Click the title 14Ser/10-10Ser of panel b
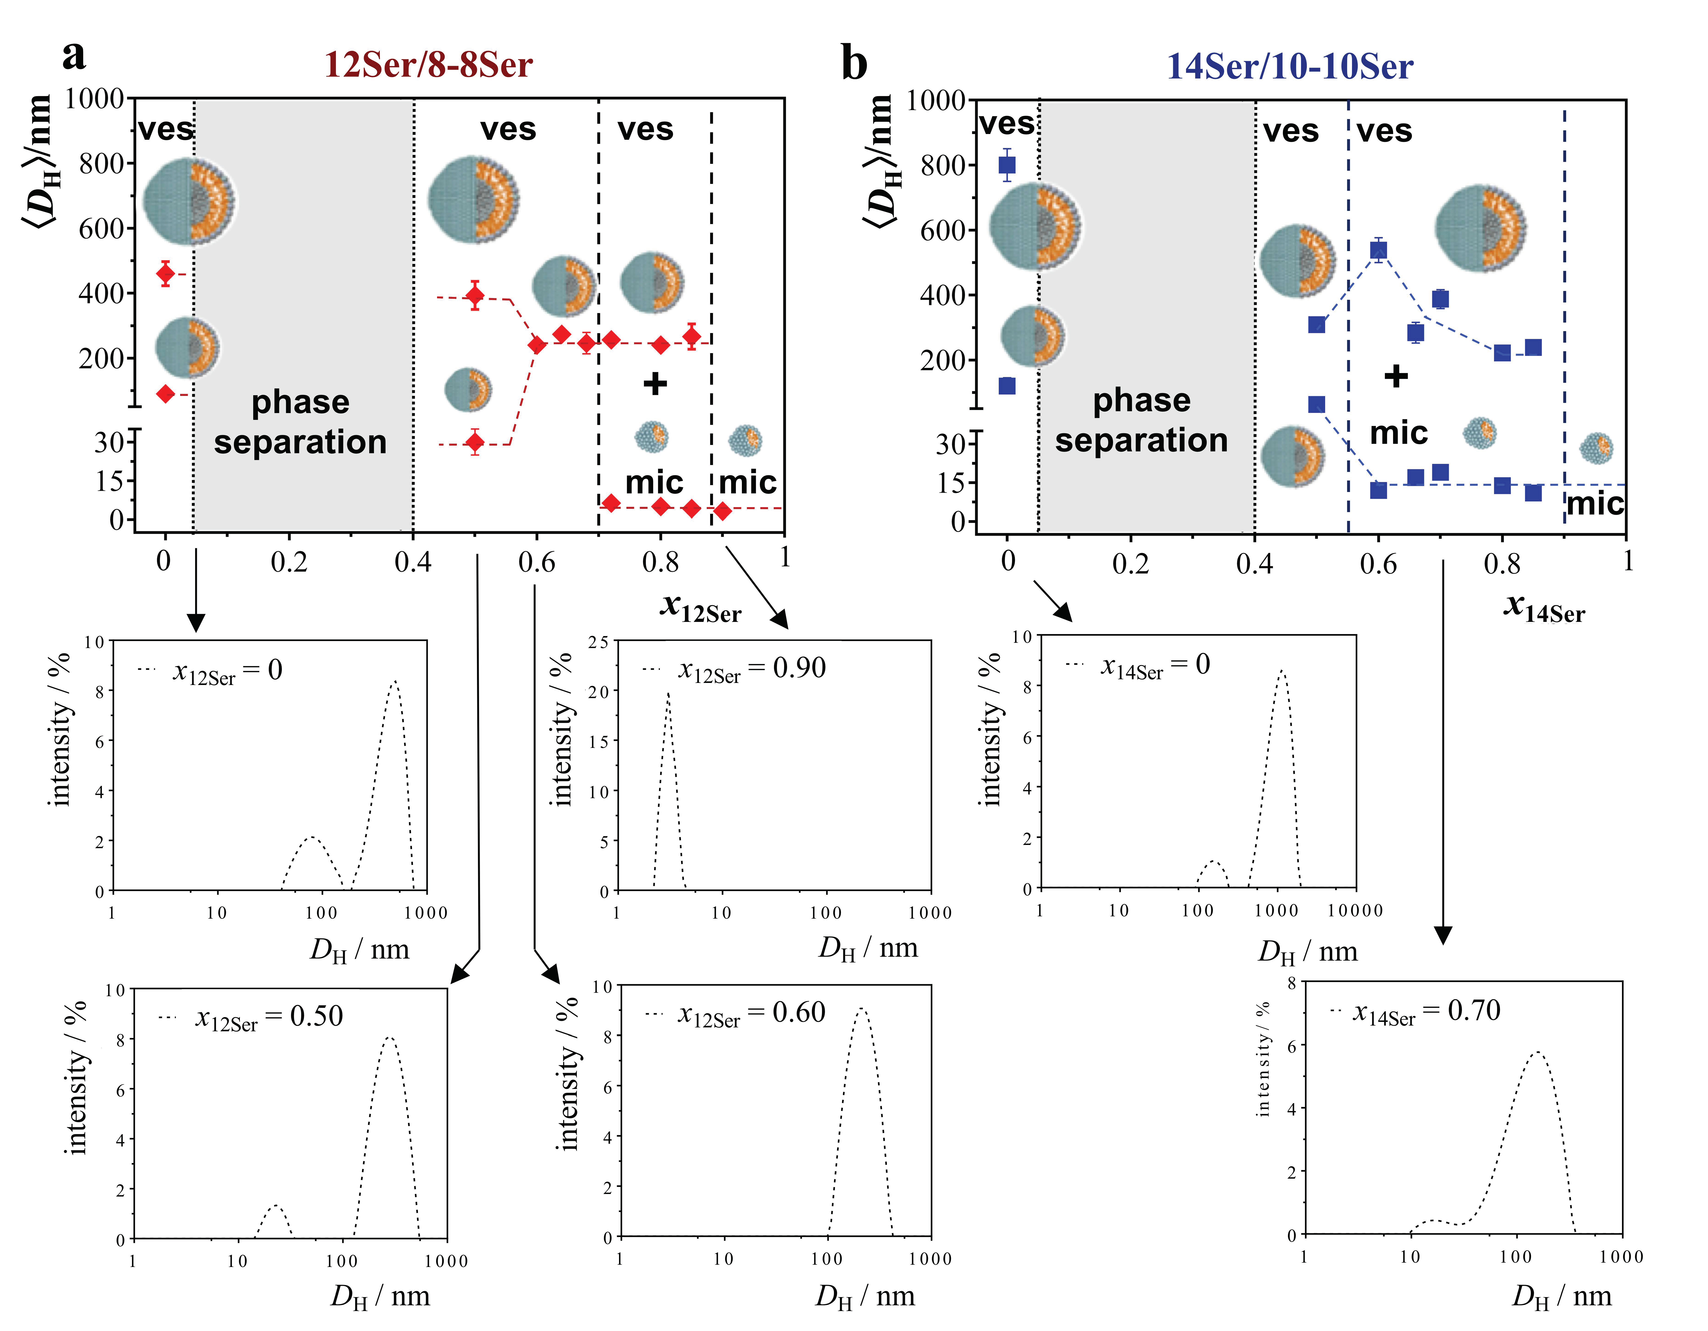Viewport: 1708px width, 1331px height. (1289, 67)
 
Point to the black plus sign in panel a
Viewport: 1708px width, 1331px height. (655, 383)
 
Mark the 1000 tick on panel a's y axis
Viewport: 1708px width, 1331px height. (94, 99)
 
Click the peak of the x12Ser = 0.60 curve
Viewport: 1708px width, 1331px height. (862, 1009)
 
